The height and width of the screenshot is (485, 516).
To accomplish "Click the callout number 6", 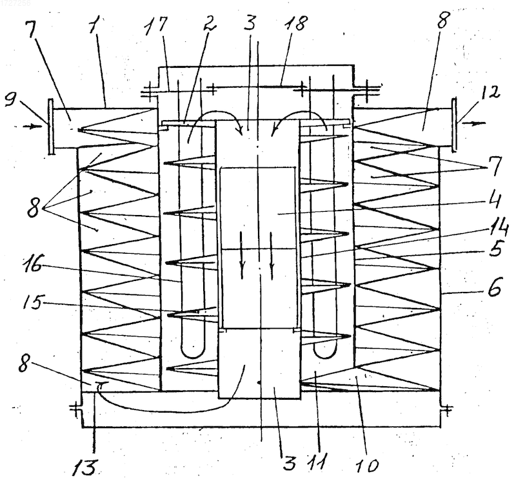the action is pos(495,286).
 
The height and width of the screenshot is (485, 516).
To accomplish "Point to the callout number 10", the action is pos(367,465).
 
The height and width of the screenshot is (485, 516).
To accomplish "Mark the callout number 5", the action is pos(495,249).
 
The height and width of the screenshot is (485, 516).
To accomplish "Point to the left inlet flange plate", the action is pos(51,126).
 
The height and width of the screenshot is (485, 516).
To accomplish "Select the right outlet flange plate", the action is pos(454,124).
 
